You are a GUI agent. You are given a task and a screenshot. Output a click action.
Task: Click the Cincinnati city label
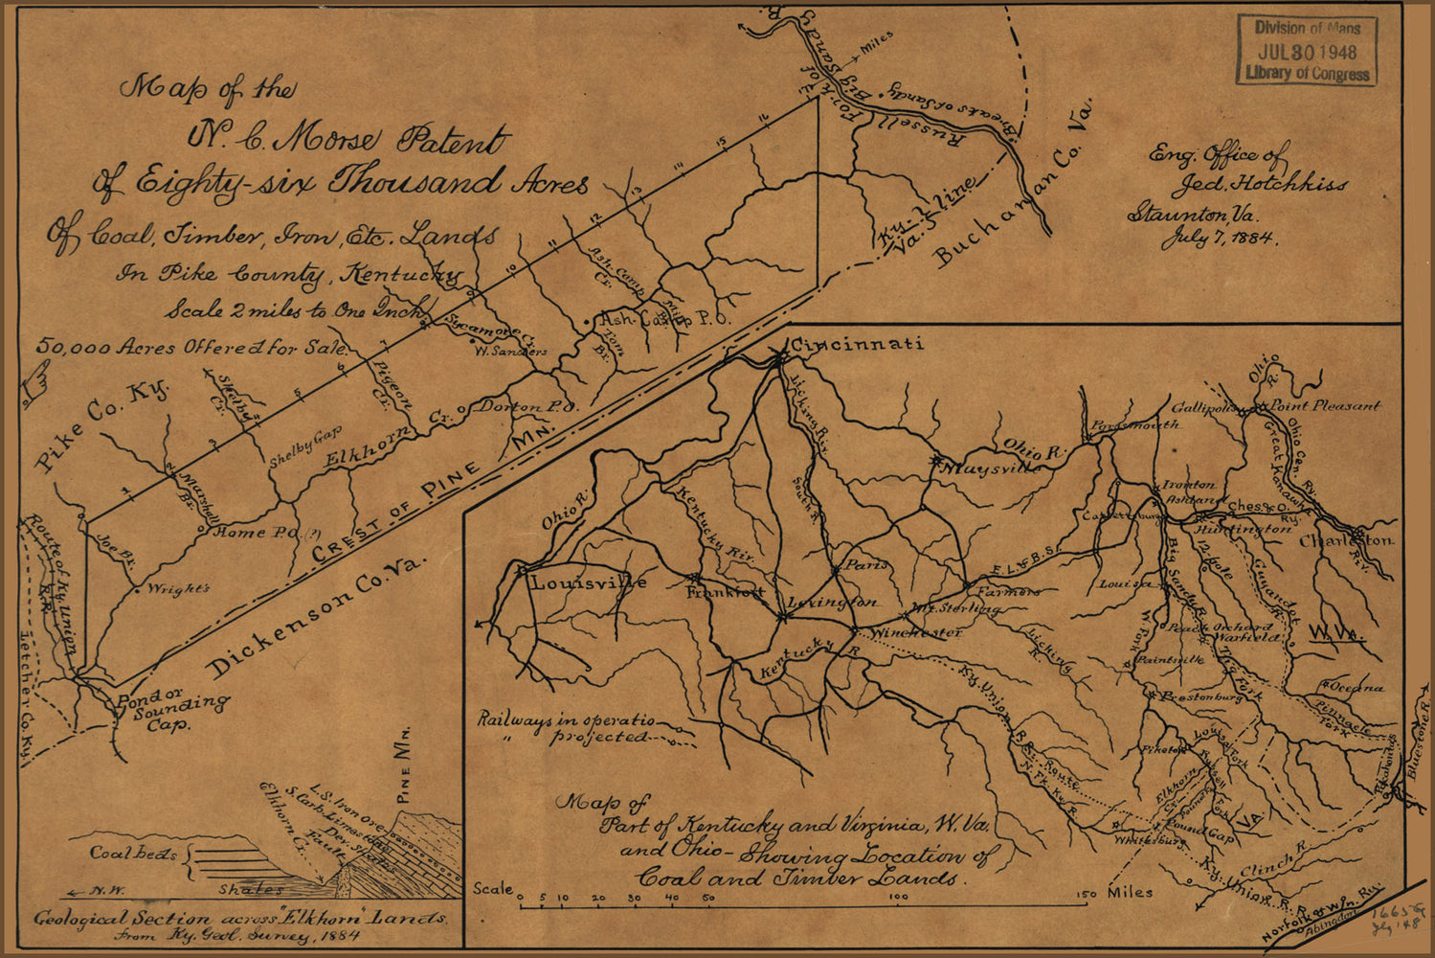pos(856,345)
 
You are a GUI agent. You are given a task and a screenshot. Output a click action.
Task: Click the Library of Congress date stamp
pos(1307,51)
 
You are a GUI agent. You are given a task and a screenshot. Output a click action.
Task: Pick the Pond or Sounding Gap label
pos(170,710)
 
